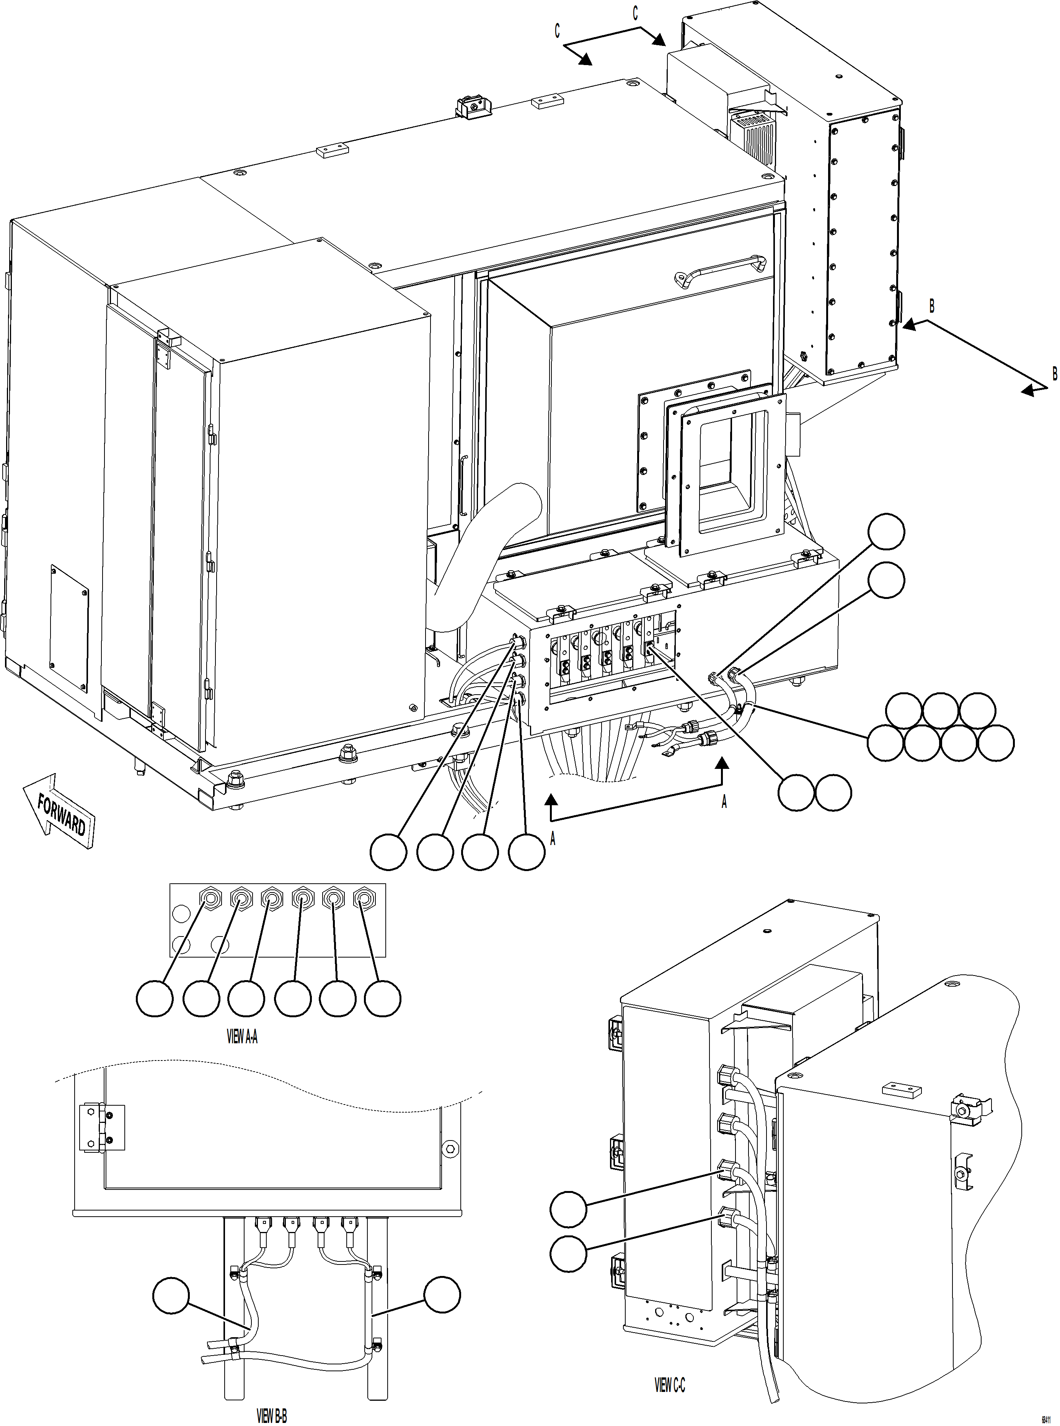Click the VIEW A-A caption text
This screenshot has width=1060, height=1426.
[242, 1036]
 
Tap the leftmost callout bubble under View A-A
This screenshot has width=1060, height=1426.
[155, 999]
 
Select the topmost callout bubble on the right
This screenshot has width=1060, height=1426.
[886, 531]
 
